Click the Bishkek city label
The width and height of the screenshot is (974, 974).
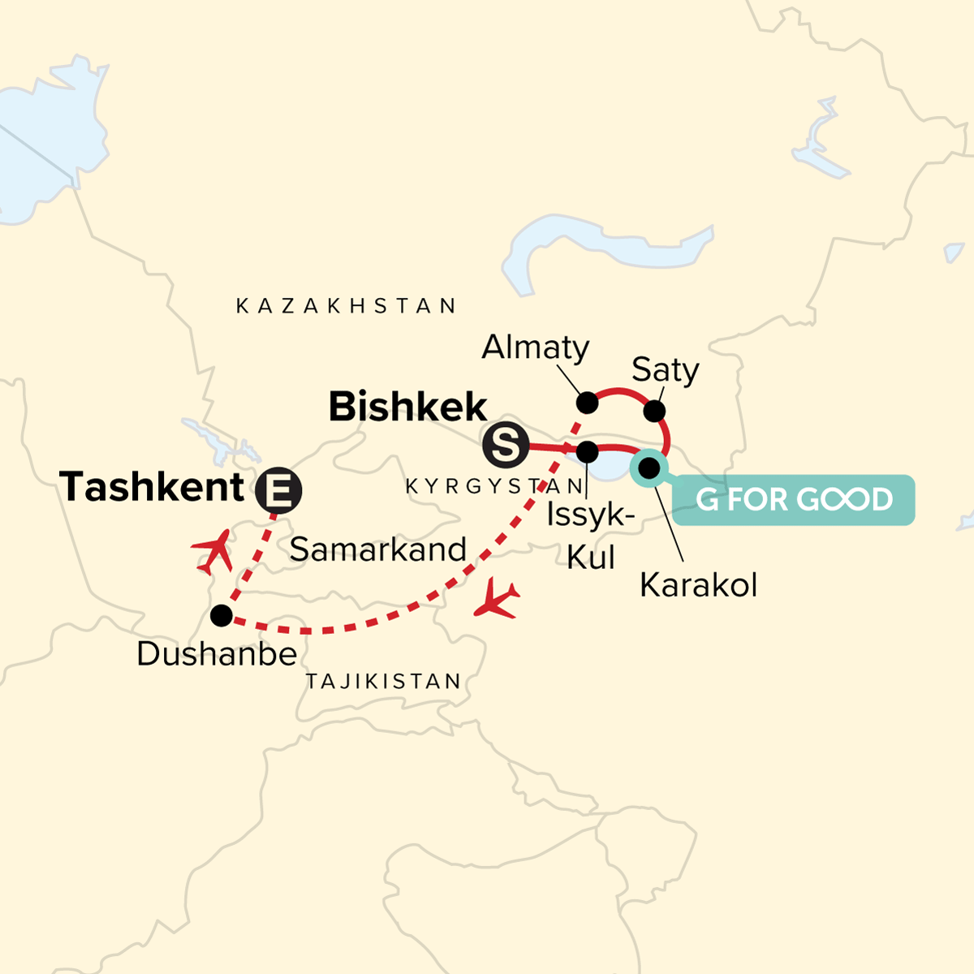pos(407,407)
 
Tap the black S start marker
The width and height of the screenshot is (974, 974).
pos(505,446)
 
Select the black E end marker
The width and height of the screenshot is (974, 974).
pos(278,490)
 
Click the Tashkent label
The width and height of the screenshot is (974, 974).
pos(152,487)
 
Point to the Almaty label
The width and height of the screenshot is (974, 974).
pos(536,347)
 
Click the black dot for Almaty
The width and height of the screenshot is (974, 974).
pos(587,403)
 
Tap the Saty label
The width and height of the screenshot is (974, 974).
pos(666,370)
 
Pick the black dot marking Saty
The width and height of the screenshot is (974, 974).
pos(653,411)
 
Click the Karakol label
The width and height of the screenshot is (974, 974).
pos(698,584)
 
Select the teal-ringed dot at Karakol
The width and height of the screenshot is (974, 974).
pos(649,468)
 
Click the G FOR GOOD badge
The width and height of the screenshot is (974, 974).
pos(794,499)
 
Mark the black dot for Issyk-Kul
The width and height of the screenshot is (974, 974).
pos(587,451)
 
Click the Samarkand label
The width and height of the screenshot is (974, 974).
pos(378,549)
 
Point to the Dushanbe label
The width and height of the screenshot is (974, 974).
pos(217,653)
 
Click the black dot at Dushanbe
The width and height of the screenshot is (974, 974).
pos(221,615)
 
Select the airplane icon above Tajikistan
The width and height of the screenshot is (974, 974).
pos(497,600)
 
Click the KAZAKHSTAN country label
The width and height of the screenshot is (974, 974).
pos(347,306)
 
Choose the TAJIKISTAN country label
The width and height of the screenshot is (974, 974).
pos(384,681)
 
